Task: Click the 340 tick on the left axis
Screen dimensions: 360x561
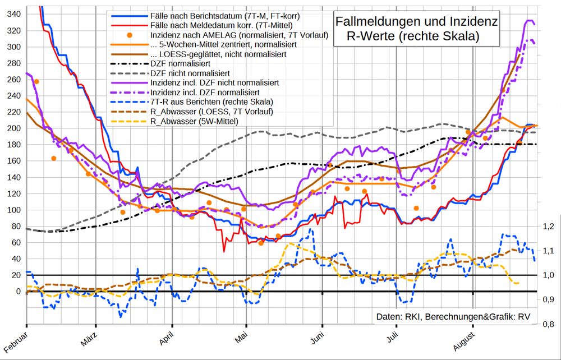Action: (x=11, y=13)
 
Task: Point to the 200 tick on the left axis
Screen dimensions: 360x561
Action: (x=11, y=128)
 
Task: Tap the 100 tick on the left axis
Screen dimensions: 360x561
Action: (x=11, y=210)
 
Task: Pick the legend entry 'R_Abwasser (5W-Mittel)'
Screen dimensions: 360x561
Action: (x=194, y=121)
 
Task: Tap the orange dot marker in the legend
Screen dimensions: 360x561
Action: (x=130, y=35)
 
